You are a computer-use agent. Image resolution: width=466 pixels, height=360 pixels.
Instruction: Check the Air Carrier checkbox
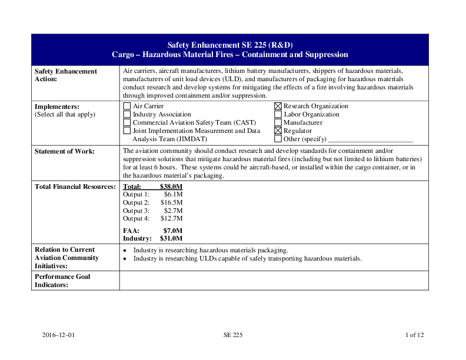[127, 106]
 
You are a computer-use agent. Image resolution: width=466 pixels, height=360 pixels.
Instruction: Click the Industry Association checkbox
[127, 115]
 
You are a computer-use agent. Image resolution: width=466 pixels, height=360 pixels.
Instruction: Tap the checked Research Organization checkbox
[278, 106]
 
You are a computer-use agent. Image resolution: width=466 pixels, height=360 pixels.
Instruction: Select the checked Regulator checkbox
[278, 131]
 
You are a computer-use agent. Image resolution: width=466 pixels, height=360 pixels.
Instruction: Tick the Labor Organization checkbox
[278, 115]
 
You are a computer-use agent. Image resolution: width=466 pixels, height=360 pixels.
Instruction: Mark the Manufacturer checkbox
[278, 123]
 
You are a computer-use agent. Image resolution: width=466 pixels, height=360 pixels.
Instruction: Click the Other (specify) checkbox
[278, 139]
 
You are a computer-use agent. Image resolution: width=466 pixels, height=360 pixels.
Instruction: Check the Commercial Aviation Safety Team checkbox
[127, 123]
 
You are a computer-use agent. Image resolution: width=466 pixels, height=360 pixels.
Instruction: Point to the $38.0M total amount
[171, 187]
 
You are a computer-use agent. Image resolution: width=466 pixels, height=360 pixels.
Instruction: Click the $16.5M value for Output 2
[171, 202]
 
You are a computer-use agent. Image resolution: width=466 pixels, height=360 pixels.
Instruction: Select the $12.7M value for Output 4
[171, 219]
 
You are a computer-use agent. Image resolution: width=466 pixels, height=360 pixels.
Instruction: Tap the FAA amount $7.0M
[173, 231]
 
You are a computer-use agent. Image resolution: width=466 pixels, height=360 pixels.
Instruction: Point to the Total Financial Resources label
[75, 187]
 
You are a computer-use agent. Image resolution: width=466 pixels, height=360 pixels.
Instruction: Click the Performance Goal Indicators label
[62, 281]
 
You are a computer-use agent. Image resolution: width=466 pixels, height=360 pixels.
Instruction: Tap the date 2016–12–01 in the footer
[59, 335]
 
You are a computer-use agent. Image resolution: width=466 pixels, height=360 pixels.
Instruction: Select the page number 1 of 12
[414, 335]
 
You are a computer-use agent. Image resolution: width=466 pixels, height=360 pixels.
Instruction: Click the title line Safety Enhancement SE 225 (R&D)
[230, 45]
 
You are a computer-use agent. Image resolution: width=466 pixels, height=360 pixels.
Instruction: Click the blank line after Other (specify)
[371, 140]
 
